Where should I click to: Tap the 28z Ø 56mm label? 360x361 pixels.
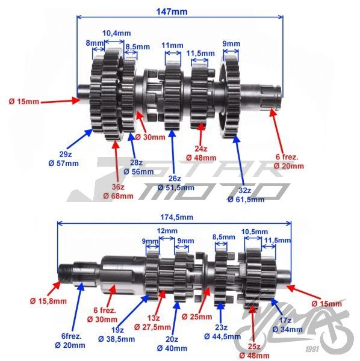point(138,167)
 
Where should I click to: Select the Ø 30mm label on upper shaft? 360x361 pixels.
point(150,137)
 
